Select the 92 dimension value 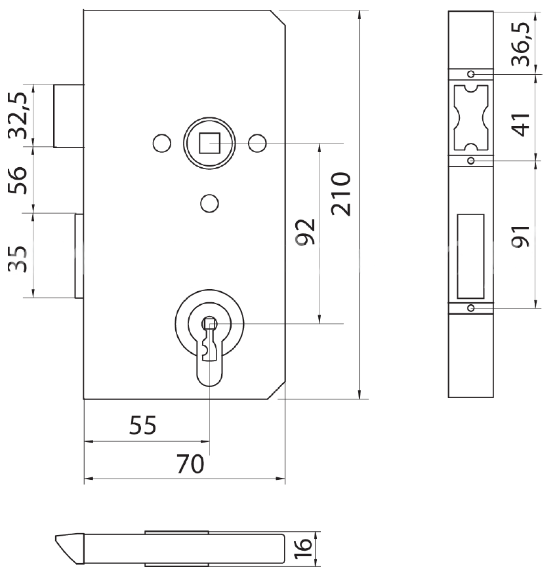click(305, 231)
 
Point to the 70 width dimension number click(191, 464)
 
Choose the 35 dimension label click(19, 258)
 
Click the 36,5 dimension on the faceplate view click(522, 43)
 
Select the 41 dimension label click(522, 123)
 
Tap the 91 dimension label click(522, 235)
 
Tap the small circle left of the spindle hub click(161, 142)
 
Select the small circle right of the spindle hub click(257, 142)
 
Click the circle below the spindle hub click(209, 204)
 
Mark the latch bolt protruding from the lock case click(68, 115)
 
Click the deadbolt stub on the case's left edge click(79, 255)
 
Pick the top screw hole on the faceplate click(470, 73)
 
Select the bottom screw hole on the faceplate click(470, 307)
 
